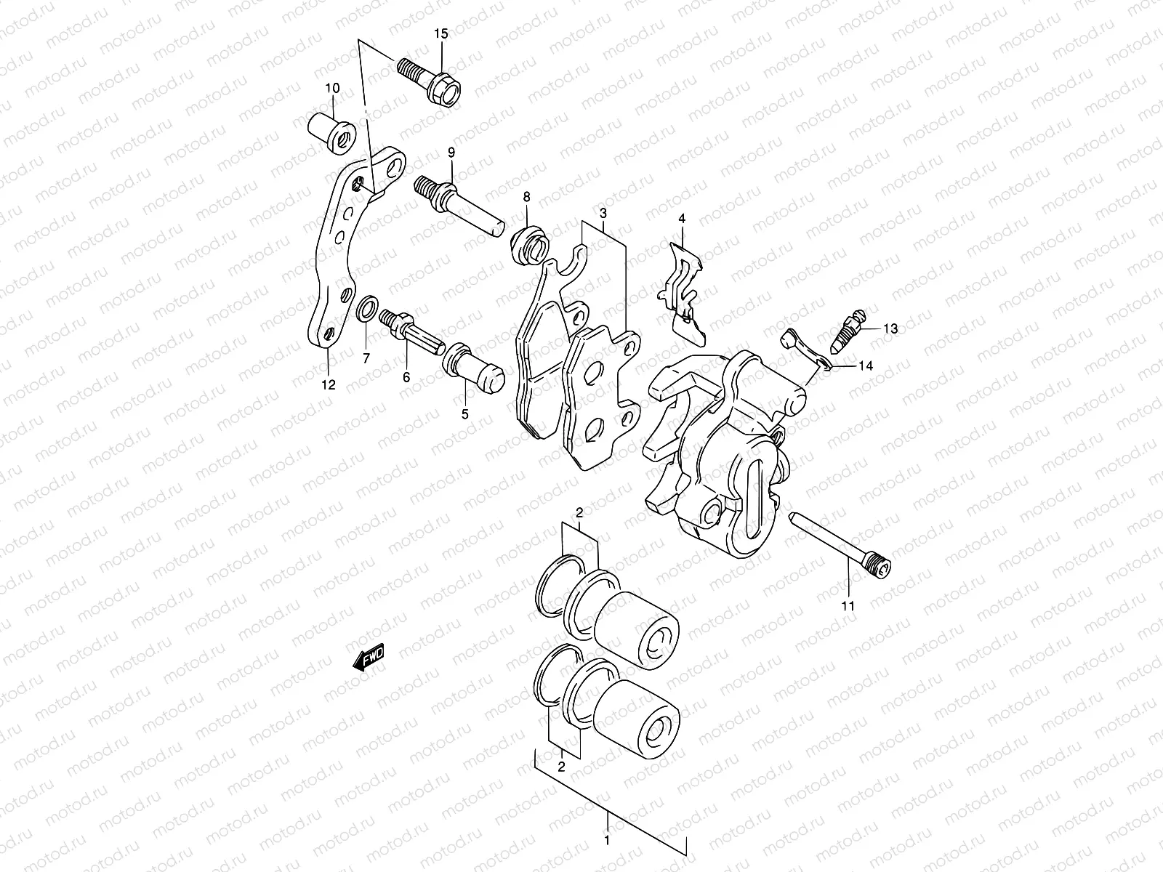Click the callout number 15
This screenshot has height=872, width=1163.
coord(442,35)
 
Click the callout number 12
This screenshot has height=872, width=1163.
coord(329,384)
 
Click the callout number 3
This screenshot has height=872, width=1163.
coord(603,213)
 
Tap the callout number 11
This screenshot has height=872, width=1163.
coord(848,605)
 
